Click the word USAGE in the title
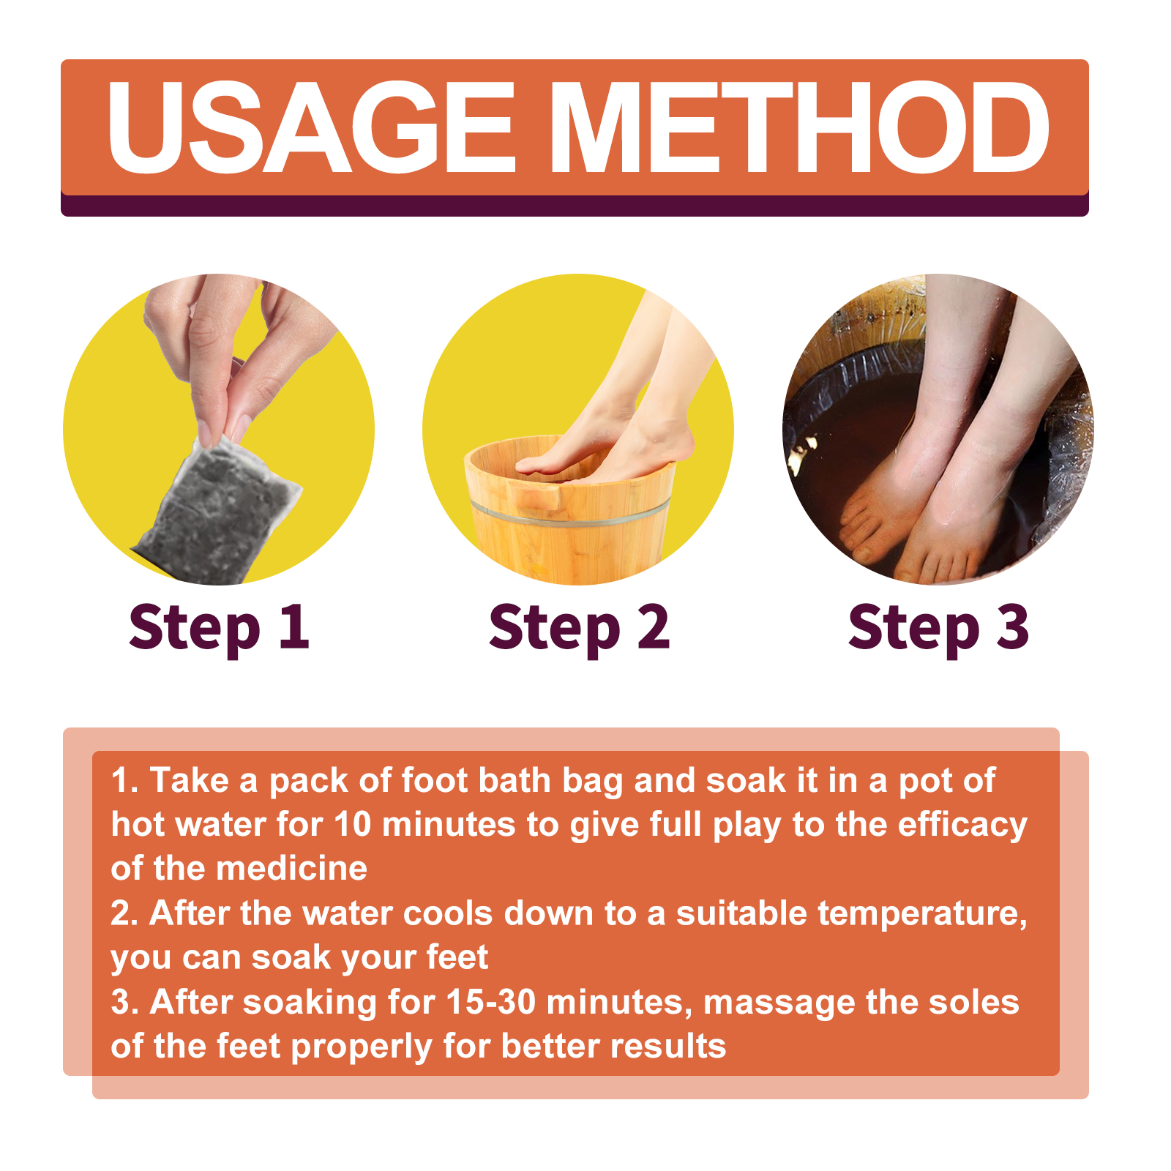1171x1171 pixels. pos(312,127)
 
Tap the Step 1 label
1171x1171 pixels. pos(219,628)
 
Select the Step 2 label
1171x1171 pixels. pos(579,628)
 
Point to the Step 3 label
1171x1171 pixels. pos(938,628)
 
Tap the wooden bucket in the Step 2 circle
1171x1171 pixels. pos(569,512)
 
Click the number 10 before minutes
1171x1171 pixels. pos(353,825)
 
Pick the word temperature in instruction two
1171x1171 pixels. pos(922,914)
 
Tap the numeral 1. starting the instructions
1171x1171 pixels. pos(124,781)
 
